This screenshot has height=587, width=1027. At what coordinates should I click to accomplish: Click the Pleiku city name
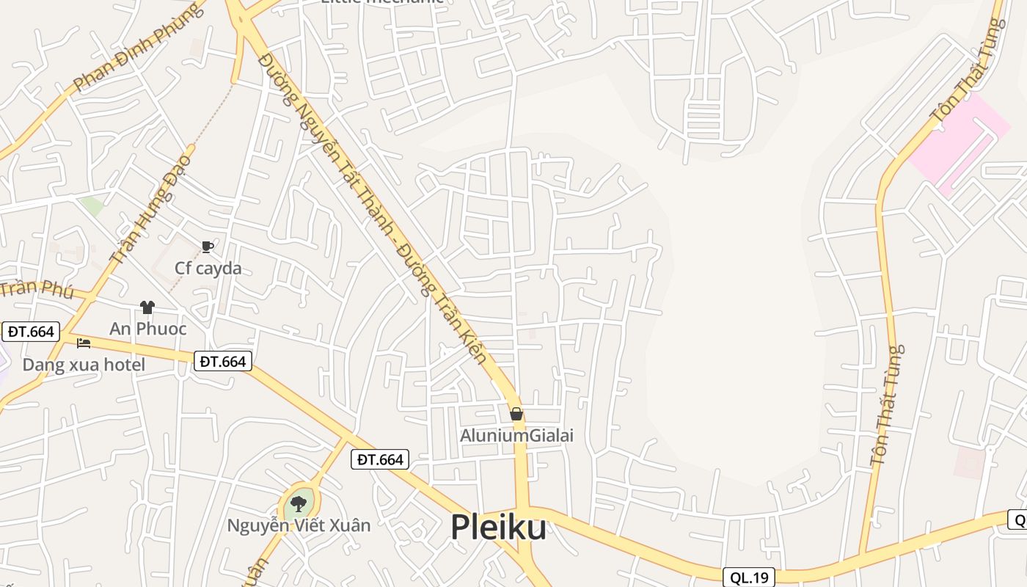click(498, 527)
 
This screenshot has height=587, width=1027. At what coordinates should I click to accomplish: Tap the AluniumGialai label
click(516, 436)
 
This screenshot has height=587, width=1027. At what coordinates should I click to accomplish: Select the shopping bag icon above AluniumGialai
click(516, 414)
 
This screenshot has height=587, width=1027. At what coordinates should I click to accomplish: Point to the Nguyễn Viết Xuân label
click(299, 525)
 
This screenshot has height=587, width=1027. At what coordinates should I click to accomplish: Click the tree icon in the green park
click(298, 504)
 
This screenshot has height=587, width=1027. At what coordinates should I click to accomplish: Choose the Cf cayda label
click(208, 269)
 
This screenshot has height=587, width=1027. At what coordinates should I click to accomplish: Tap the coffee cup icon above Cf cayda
click(208, 247)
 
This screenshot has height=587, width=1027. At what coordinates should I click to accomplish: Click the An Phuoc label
click(148, 329)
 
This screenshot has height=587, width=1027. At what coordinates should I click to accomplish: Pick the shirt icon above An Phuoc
click(147, 307)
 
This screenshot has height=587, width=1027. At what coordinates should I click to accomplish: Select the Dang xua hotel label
click(84, 365)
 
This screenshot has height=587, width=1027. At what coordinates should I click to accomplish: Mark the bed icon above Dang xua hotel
click(84, 343)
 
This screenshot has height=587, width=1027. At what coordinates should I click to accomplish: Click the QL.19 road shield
click(749, 577)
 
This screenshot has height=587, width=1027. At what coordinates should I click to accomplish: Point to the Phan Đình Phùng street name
click(137, 48)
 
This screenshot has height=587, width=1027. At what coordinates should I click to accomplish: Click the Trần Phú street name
click(37, 289)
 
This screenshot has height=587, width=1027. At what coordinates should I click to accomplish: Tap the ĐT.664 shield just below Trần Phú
click(31, 332)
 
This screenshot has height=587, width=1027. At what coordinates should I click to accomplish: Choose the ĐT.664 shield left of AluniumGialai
click(379, 459)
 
